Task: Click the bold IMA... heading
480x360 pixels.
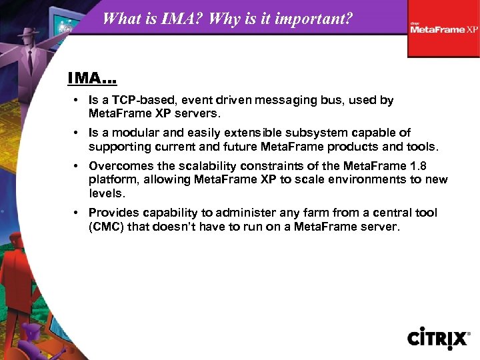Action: point(92,79)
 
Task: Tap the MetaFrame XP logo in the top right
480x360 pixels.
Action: point(444,29)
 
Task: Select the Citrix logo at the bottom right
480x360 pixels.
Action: point(439,338)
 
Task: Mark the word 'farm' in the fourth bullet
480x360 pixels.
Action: point(282,213)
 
